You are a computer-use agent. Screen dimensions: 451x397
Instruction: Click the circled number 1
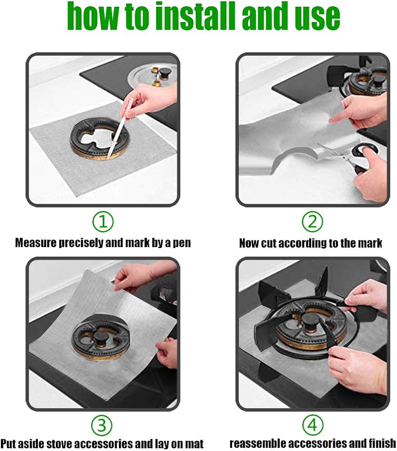pyautogui.click(x=103, y=222)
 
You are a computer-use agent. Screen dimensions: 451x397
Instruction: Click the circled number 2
pyautogui.click(x=312, y=222)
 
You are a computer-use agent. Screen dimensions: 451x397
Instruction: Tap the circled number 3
pyautogui.click(x=103, y=425)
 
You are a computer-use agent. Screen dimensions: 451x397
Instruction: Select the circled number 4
pyautogui.click(x=312, y=425)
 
